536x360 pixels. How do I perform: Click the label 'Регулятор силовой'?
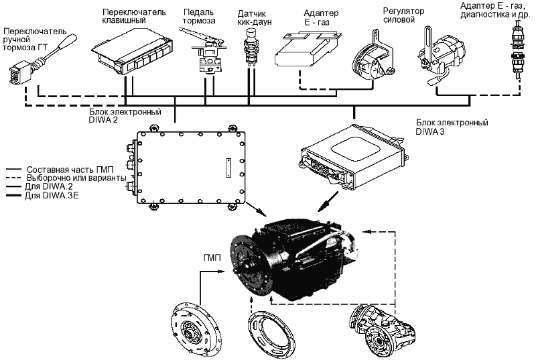coord(403,15)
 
